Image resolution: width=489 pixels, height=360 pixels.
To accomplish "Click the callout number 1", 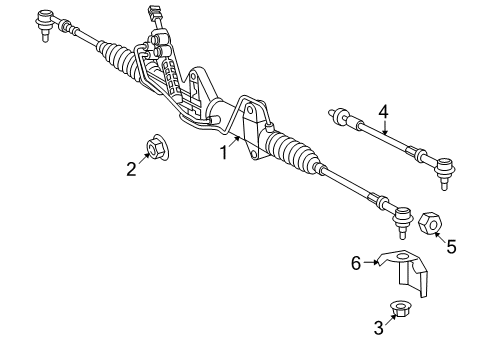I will tap(225, 153).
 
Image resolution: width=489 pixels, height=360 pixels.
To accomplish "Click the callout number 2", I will tap(131, 169).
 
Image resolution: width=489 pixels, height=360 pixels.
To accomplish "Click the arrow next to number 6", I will tap(371, 264).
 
